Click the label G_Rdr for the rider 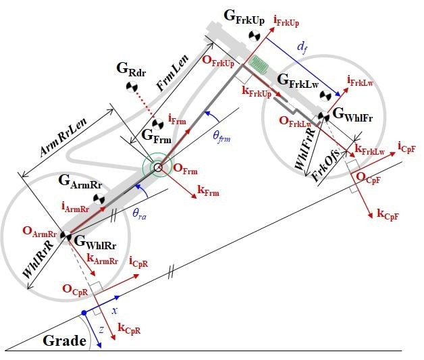click(x=131, y=68)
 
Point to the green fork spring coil click(x=257, y=65)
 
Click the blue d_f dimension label click(x=304, y=48)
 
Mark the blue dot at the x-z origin click(x=84, y=313)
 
